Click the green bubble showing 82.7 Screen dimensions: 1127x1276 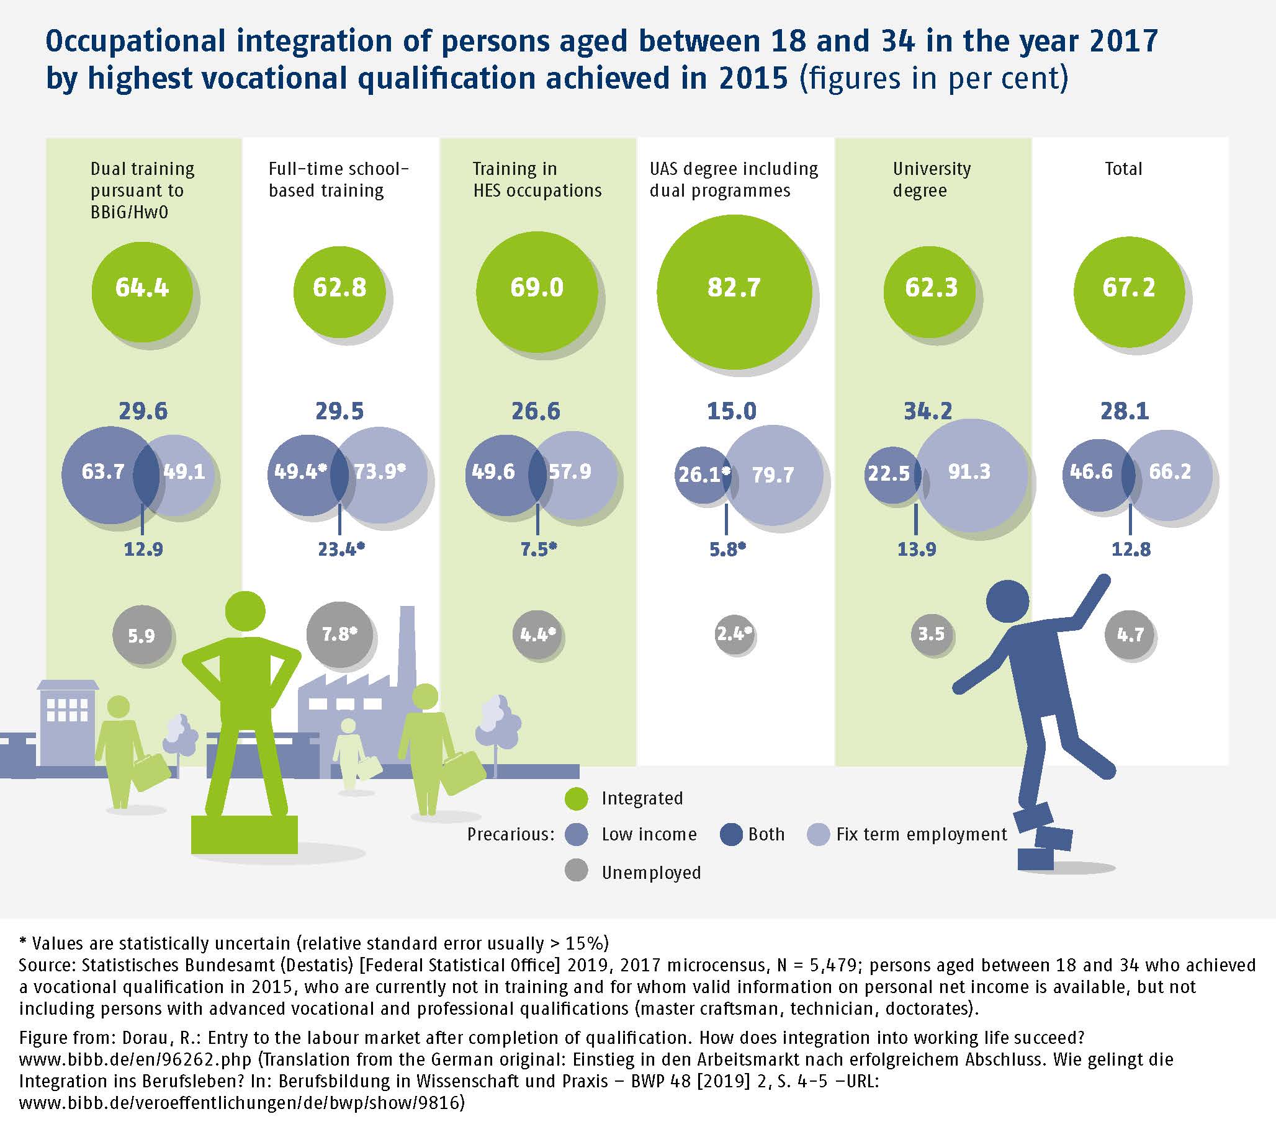734,292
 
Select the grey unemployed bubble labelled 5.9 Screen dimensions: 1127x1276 142,635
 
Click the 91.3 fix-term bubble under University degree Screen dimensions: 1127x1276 971,474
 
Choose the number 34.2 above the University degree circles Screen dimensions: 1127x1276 928,411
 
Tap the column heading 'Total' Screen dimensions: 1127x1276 1123,169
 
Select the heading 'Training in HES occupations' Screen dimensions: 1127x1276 537,179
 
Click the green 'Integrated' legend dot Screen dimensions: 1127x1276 575,798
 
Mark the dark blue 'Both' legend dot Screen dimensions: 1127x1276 731,834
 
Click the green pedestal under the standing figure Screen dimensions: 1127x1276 244,834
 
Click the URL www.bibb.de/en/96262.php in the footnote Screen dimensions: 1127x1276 135,1059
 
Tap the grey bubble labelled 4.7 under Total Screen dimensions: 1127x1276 1130,635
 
